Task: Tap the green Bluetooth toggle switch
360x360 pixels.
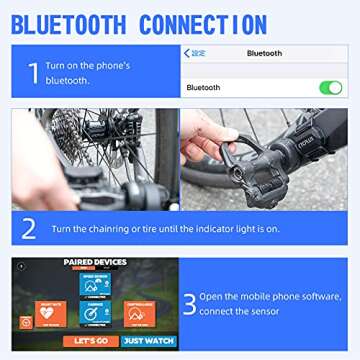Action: [330, 88]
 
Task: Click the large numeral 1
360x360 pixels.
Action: [33, 72]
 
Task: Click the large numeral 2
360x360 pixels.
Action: [29, 228]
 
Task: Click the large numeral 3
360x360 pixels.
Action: [190, 303]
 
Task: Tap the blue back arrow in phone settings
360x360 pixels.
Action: [187, 53]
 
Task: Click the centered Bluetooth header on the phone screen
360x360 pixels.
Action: [265, 53]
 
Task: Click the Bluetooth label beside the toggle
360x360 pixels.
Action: [203, 88]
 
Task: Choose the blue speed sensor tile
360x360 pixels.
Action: [95, 283]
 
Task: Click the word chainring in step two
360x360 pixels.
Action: [127, 229]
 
